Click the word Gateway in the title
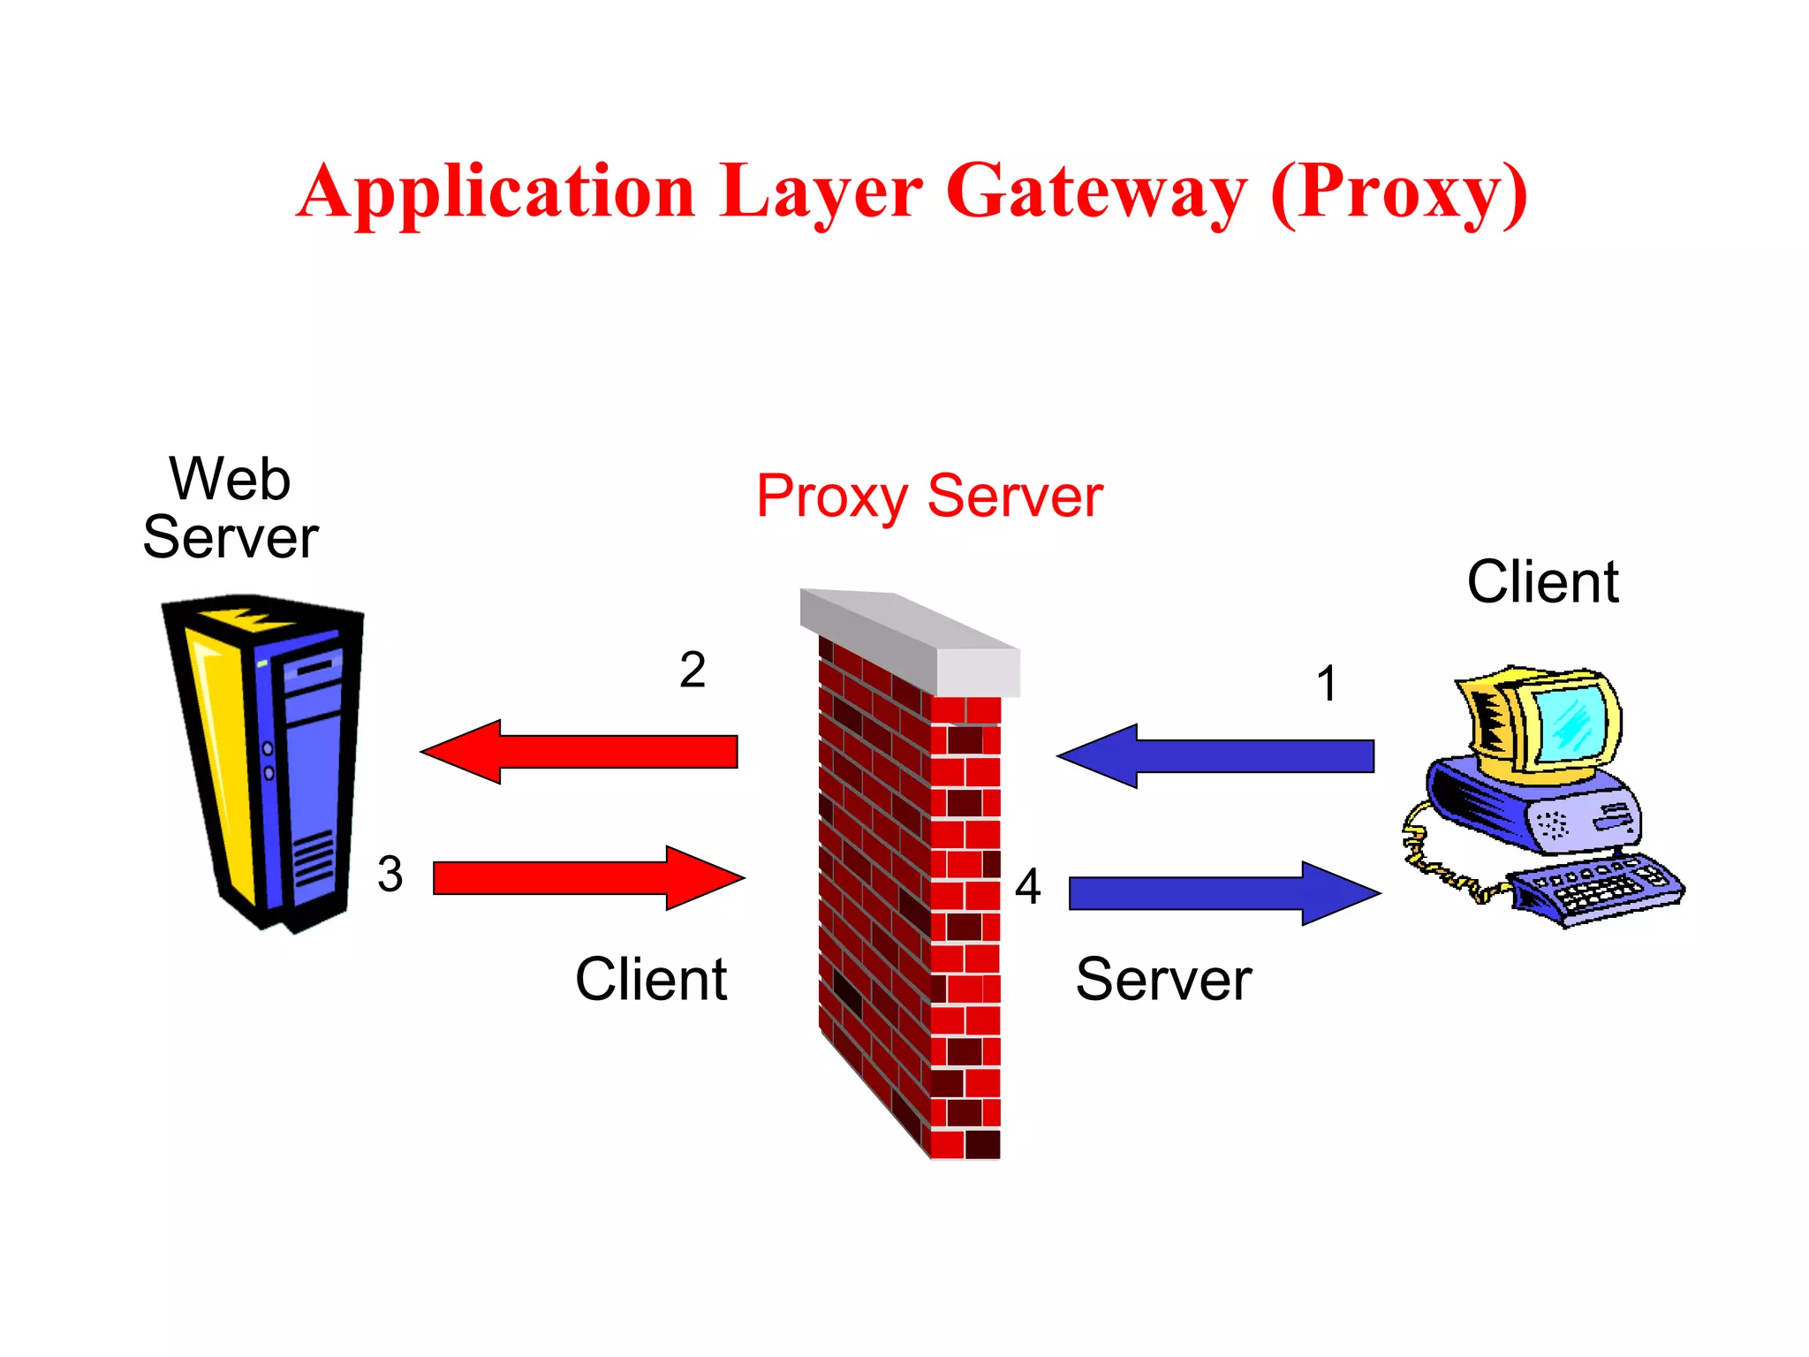coord(1096,193)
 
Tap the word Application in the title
coord(497,193)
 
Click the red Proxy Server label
coord(929,497)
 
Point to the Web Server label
coord(231,509)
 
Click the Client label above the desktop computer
coord(1542,582)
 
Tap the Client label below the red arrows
coord(651,980)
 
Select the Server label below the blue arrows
coord(1163,980)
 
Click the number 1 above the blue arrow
coord(1327,684)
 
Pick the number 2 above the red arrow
coord(693,670)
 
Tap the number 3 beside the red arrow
coord(390,875)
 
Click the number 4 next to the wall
coord(1027,886)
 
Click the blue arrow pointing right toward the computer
coord(1223,893)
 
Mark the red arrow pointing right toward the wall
coord(587,878)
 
